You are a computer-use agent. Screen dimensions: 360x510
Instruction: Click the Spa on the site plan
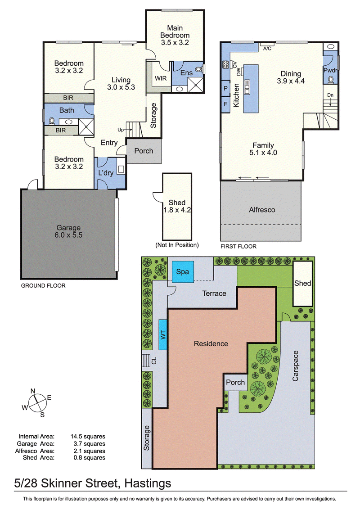[x=183, y=271]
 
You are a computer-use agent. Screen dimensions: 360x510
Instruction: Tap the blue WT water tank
[x=163, y=335]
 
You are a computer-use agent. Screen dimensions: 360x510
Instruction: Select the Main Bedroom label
[x=175, y=32]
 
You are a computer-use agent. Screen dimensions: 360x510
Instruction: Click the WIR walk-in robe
[x=161, y=78]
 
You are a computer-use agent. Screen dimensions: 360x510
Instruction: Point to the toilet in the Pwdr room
[x=331, y=79]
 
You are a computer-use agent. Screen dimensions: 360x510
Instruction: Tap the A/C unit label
[x=267, y=49]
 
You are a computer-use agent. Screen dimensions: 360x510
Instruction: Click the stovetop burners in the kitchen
[x=226, y=65]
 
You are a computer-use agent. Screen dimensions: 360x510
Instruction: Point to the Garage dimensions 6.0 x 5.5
[x=68, y=235]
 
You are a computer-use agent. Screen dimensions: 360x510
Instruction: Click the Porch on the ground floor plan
[x=144, y=151]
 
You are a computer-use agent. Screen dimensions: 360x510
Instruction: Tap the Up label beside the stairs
[x=121, y=130]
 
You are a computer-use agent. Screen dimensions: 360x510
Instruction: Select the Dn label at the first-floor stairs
[x=330, y=95]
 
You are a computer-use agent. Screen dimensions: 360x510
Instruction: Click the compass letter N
[x=33, y=391]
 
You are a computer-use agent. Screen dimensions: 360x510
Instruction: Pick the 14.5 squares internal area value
[x=88, y=437]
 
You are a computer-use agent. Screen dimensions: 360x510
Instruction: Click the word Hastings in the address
[x=148, y=483]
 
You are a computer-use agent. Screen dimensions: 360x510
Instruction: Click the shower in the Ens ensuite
[x=196, y=85]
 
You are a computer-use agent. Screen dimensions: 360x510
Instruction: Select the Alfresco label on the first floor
[x=262, y=210]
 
